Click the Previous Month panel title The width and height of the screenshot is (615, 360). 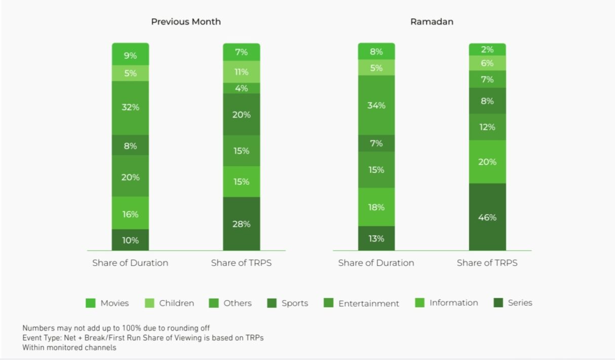[186, 22]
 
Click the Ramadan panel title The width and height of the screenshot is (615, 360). [432, 22]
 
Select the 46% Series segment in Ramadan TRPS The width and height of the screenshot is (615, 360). [487, 217]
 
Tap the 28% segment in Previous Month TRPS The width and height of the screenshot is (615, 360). [242, 224]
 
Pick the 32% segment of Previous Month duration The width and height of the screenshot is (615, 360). [130, 107]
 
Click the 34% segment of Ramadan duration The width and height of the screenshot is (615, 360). [376, 105]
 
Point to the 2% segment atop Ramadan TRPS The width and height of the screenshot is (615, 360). [487, 50]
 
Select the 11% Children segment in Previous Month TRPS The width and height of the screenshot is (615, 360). [242, 72]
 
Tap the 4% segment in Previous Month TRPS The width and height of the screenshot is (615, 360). [242, 88]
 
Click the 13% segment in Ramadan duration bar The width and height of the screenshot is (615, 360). [376, 238]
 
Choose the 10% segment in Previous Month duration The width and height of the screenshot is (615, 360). [130, 240]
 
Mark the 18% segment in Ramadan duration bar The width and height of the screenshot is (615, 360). [376, 207]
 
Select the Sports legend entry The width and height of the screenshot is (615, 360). [287, 303]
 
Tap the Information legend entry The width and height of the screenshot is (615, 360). [446, 303]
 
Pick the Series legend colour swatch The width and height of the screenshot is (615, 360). [498, 303]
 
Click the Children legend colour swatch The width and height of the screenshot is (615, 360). [149, 303]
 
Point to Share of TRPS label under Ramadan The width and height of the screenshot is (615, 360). [487, 263]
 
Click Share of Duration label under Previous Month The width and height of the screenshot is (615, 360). [130, 263]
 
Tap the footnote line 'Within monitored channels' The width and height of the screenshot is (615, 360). [69, 348]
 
